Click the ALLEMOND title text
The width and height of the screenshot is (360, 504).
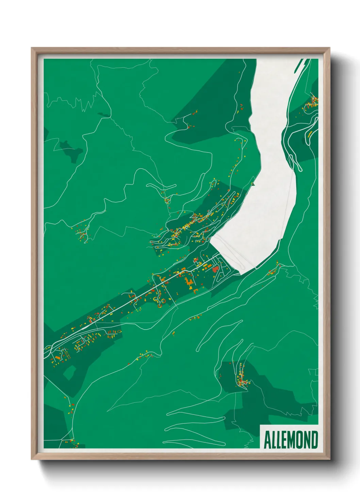[291, 440]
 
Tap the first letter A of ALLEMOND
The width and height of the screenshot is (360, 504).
[267, 440]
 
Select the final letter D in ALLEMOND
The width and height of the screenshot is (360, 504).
[314, 440]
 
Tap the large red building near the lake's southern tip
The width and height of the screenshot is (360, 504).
[215, 270]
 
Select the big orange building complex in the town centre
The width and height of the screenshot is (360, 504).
[189, 282]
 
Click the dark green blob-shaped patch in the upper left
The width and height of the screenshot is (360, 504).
[71, 150]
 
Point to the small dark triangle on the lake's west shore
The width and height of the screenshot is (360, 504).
[253, 184]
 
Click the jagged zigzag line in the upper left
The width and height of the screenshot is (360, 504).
[82, 102]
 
